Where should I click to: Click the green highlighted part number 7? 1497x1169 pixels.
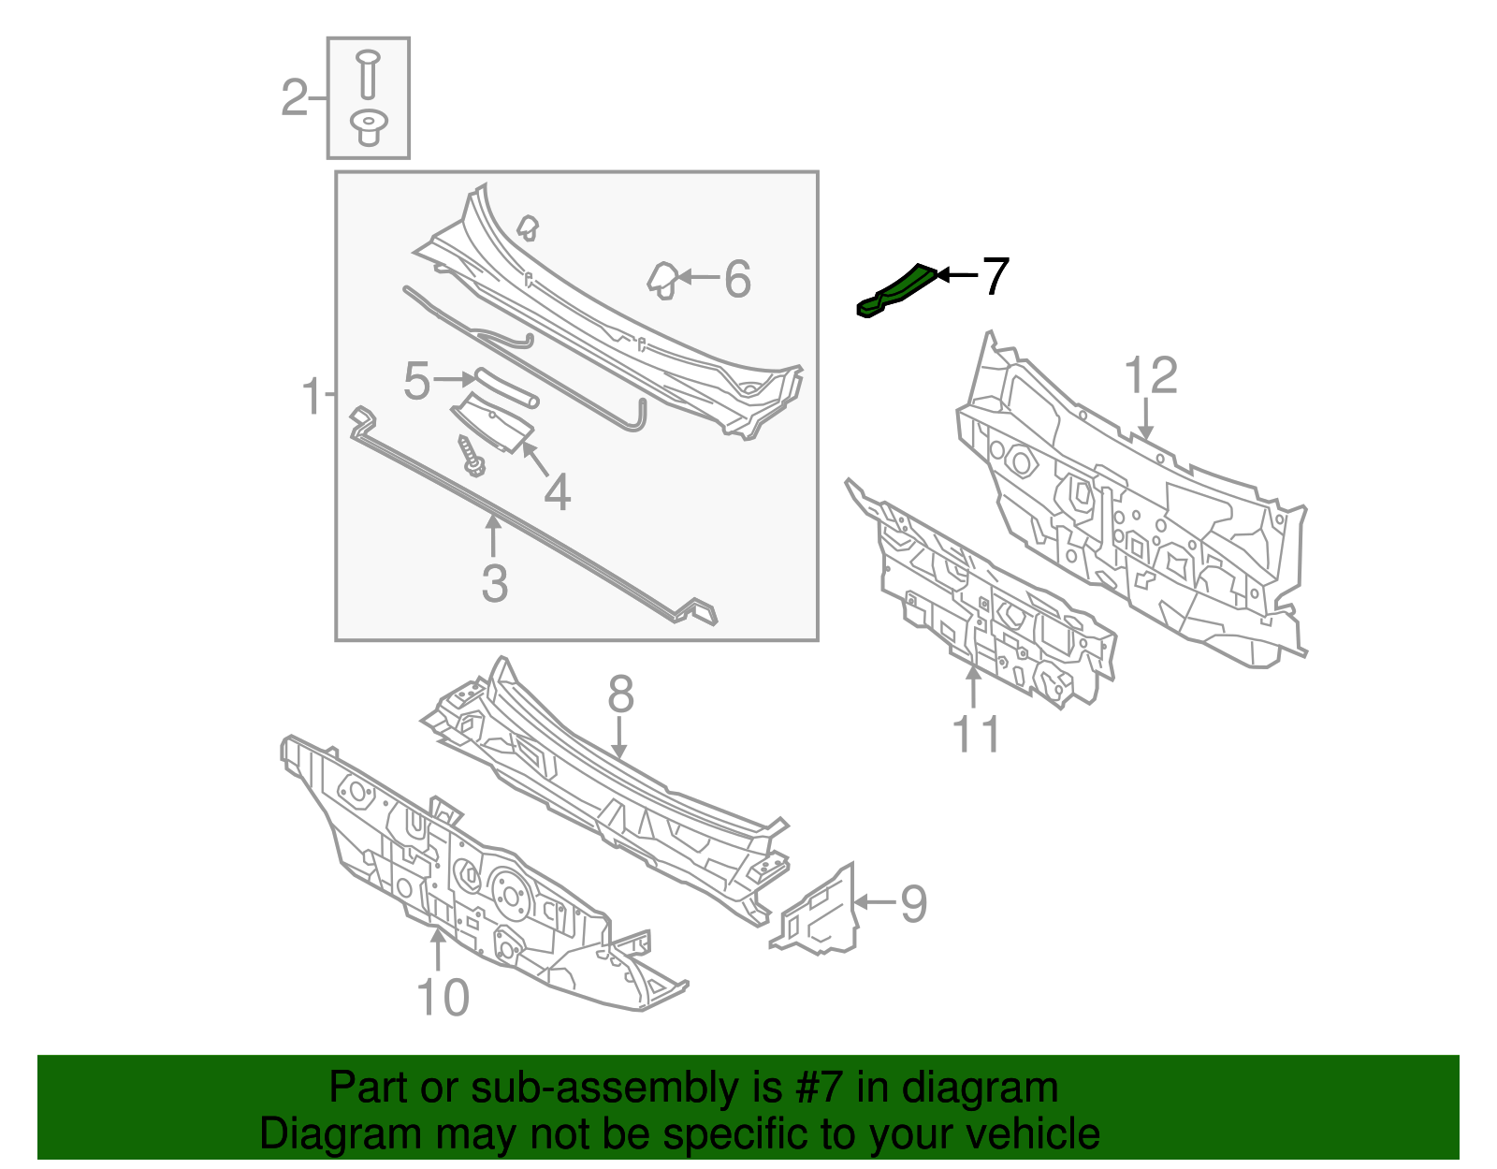point(896,291)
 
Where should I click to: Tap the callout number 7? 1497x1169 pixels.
point(995,276)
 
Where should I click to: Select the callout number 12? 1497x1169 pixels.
point(1150,376)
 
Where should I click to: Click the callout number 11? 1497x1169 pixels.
point(976,734)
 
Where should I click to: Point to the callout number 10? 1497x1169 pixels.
point(443,998)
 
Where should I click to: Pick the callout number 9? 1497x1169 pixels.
point(913,903)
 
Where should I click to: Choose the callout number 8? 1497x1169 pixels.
point(620,695)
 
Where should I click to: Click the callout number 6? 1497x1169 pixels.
point(737,279)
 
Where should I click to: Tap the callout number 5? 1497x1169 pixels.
point(416,381)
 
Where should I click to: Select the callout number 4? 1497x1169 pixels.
point(557,491)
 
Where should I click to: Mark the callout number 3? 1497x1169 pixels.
point(494,583)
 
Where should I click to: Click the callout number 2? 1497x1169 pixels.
point(294,98)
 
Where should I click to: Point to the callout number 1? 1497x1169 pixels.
point(312,397)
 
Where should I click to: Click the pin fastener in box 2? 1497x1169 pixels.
point(368,74)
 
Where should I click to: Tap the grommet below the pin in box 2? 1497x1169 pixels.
point(369,127)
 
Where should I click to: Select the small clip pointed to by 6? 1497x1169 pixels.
point(662,279)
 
